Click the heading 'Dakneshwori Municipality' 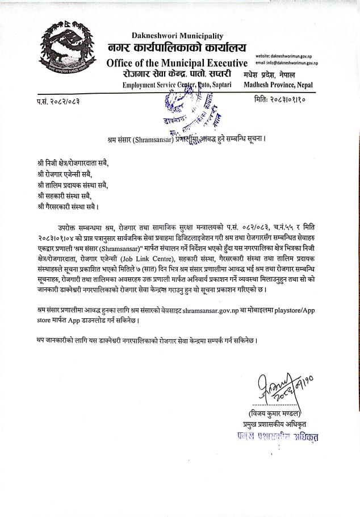[x=177, y=36]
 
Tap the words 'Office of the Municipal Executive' [x=177, y=62]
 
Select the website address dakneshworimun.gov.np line [x=287, y=56]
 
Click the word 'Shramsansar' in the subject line [x=150, y=139]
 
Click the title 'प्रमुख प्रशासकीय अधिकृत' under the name [x=271, y=424]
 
